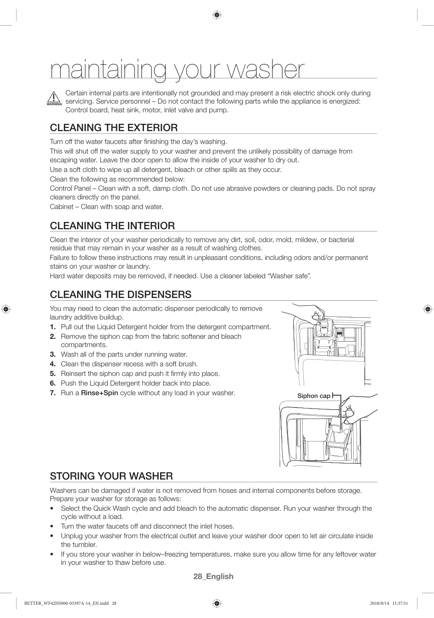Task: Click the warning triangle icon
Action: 54,98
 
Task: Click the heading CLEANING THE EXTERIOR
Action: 113,127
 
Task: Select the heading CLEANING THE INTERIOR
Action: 112,226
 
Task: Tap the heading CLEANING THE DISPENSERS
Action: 120,294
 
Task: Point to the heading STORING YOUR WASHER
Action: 111,476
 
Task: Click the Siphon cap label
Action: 313,396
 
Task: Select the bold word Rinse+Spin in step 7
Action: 100,393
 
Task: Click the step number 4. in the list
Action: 53,364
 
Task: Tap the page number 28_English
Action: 213,576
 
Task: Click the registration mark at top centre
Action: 217,15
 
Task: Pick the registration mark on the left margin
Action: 6,309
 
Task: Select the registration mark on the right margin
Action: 428,309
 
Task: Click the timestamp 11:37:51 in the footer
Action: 400,603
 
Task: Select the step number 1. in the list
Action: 53,327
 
